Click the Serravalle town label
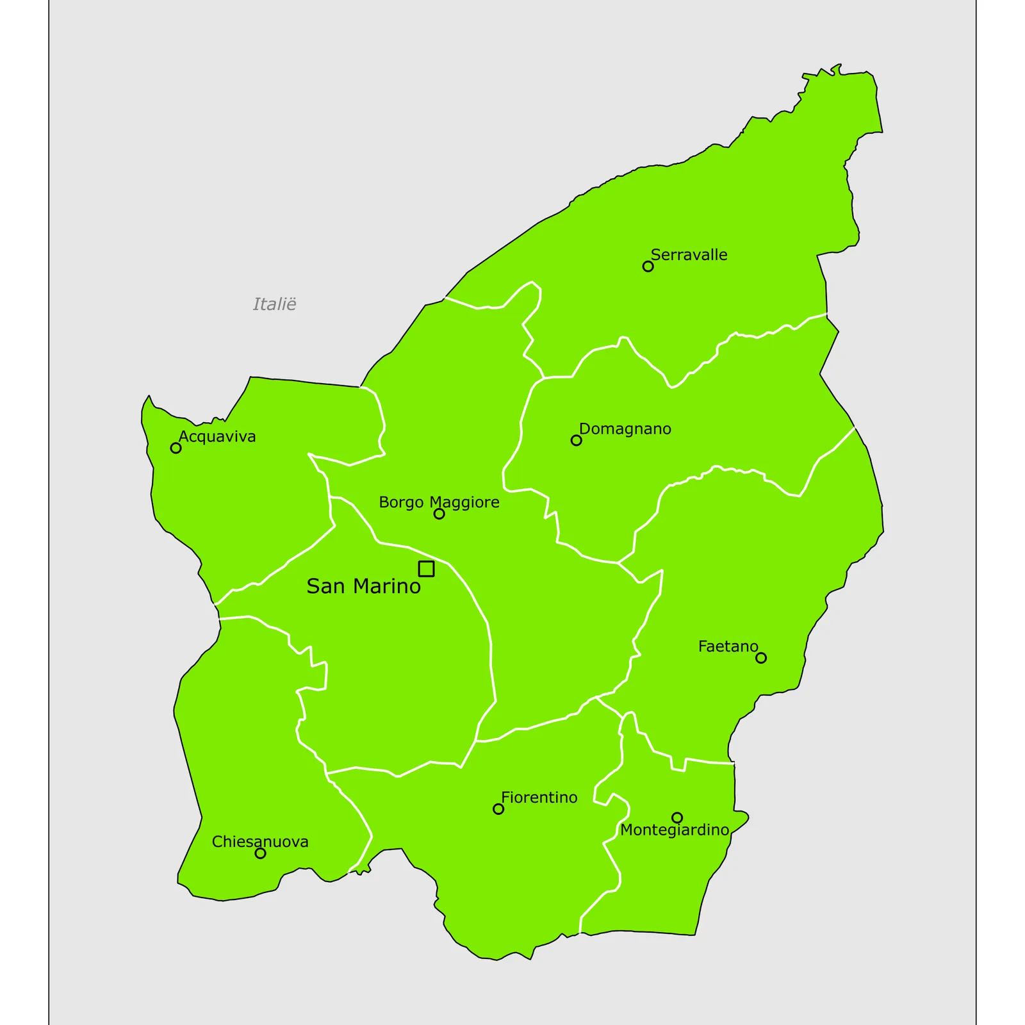(689, 255)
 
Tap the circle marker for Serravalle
(648, 266)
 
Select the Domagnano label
(625, 429)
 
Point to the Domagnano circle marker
(576, 440)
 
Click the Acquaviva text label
(217, 437)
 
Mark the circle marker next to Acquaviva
(176, 448)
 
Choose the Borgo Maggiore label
(439, 502)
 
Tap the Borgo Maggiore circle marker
(439, 514)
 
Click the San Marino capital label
(363, 586)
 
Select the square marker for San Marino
(426, 569)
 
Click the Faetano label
(728, 646)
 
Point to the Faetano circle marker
(760, 658)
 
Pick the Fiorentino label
(539, 798)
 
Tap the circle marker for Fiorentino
(498, 809)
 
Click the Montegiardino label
(675, 830)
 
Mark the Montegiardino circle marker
(677, 817)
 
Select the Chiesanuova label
(260, 842)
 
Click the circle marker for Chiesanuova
(260, 853)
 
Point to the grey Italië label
(274, 304)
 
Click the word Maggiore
(464, 503)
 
